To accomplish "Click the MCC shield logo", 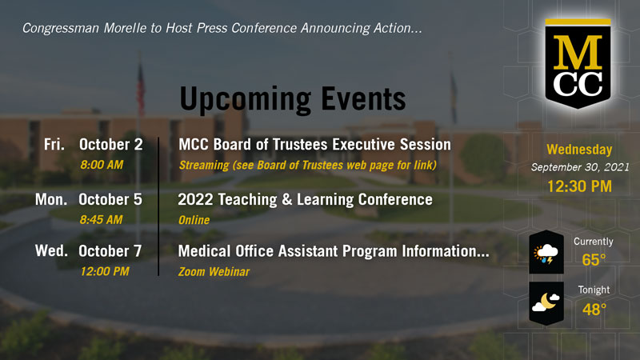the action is point(578,64).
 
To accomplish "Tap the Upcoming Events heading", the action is point(293,99).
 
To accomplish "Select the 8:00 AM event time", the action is point(102,165).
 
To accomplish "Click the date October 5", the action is point(110,199).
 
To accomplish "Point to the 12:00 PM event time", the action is point(105,271).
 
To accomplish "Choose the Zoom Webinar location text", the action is point(214,272).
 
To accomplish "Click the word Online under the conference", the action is point(194,220).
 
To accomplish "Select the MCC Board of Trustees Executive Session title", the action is point(314,145).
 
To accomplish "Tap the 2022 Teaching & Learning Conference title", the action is point(306,199).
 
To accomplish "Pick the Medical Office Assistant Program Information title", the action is point(334,251).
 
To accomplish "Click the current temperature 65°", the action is point(594,259).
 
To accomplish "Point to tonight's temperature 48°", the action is point(594,310).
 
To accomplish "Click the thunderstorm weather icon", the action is point(546,252).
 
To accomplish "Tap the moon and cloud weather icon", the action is point(546,303).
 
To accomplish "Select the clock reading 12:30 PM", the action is point(579,186).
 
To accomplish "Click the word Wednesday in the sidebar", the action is point(579,150).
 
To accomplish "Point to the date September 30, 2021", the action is point(580,167).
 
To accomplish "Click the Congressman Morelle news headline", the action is point(222,28).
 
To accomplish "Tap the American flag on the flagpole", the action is point(141,88).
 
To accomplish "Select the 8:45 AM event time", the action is point(102,220).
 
